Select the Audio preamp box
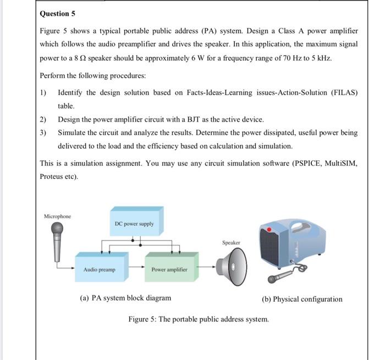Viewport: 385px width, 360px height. [x=100, y=269]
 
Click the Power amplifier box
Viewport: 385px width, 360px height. [x=169, y=269]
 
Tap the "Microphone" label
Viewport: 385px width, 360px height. [x=57, y=216]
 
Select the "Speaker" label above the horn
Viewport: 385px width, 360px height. [x=231, y=242]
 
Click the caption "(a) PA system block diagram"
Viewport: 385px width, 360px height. [x=125, y=298]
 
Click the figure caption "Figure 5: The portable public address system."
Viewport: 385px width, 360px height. [x=199, y=319]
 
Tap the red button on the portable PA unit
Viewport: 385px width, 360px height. [x=269, y=228]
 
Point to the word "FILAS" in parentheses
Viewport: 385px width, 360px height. [x=343, y=92]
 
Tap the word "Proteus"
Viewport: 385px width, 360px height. [x=52, y=177]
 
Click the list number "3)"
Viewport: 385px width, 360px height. [x=43, y=133]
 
